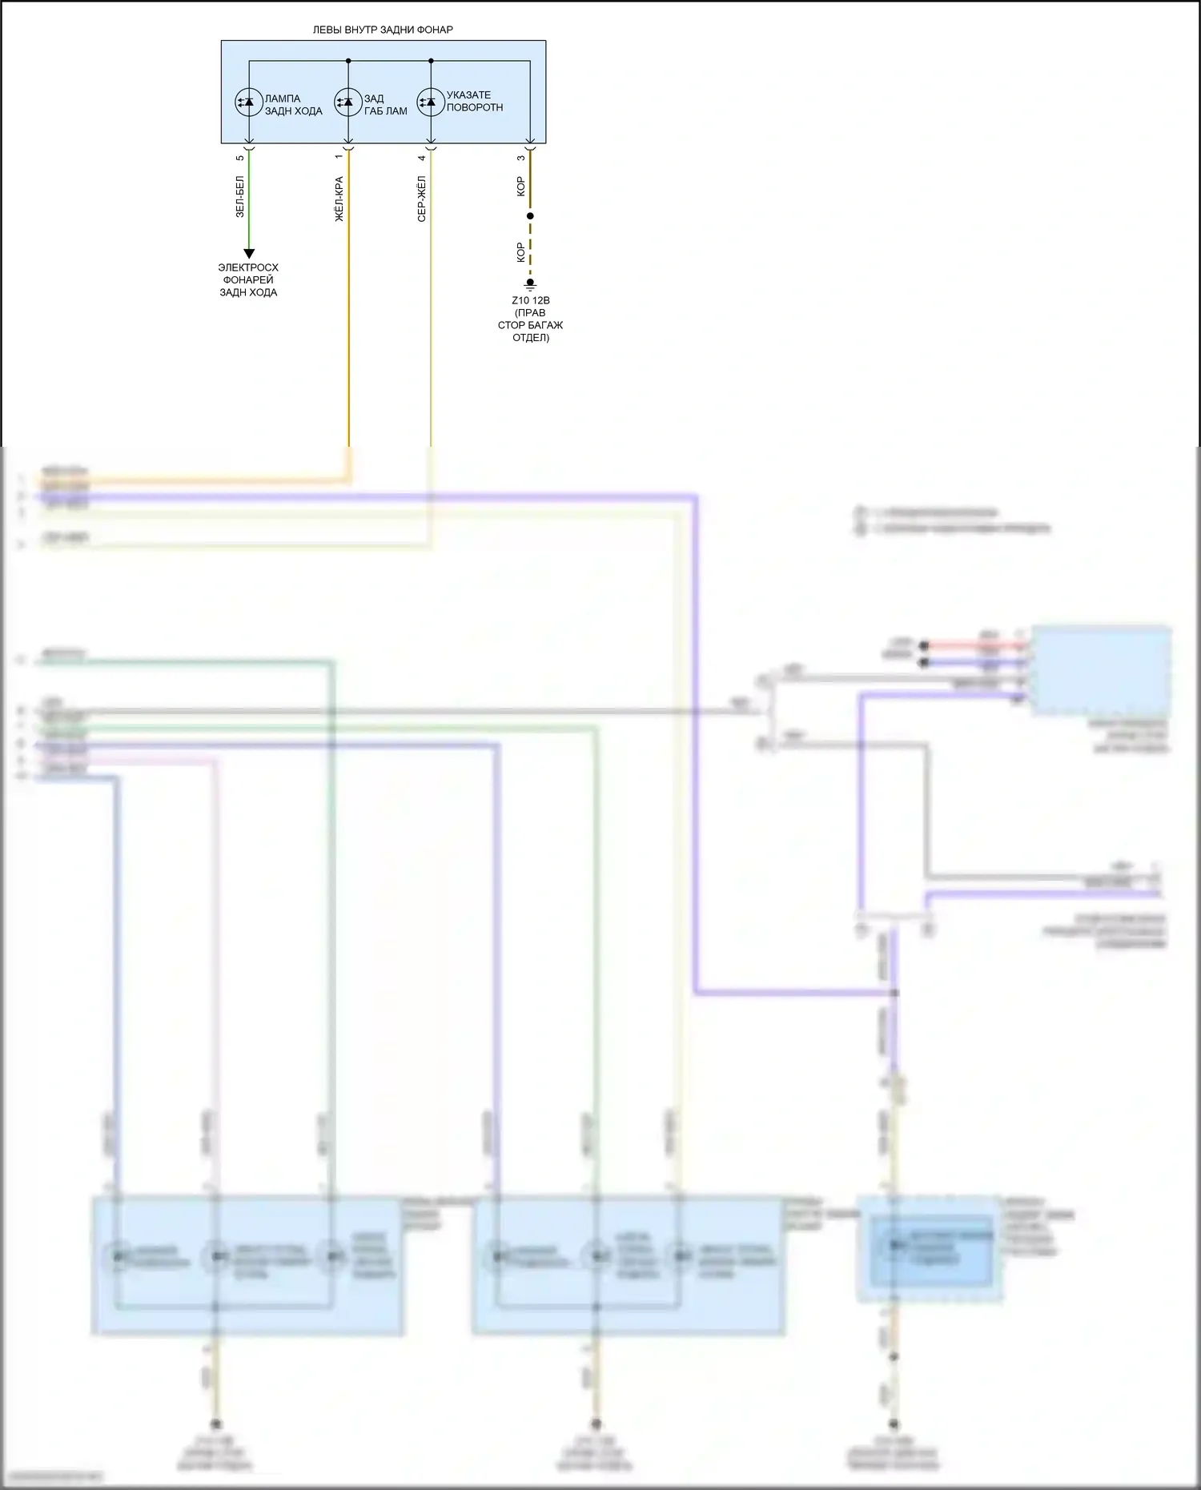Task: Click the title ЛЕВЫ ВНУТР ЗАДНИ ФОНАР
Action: (383, 30)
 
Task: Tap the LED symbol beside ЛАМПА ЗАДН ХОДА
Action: (247, 102)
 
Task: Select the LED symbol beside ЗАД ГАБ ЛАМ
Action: (347, 102)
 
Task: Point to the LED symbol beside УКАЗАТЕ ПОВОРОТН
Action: (430, 102)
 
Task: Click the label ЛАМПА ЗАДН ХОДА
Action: (293, 105)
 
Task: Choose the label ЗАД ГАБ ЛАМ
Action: (385, 105)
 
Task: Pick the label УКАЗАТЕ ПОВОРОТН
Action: (475, 101)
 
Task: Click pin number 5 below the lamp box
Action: (240, 158)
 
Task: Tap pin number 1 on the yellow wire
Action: (339, 157)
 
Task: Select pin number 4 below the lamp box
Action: (422, 158)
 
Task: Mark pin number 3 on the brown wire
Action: (521, 158)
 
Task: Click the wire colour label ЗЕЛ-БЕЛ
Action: (240, 197)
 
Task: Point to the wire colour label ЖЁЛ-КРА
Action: (339, 199)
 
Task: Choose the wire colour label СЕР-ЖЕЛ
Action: (422, 199)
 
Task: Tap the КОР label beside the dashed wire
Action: (521, 253)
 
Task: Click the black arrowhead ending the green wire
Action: (248, 254)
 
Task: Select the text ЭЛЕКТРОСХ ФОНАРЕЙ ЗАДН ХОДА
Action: (248, 280)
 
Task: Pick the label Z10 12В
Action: (530, 301)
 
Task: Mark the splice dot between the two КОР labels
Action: (530, 216)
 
